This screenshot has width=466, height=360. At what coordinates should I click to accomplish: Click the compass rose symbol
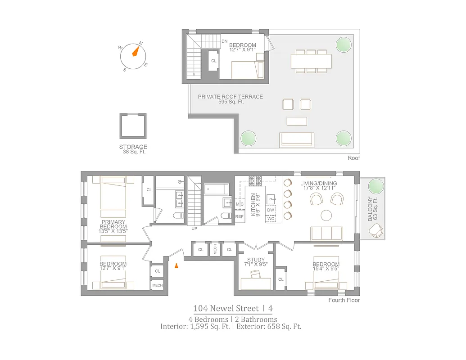[133, 57]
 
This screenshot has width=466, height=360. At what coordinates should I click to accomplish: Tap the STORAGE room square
[133, 126]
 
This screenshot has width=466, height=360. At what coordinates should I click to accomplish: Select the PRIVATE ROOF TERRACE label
[231, 97]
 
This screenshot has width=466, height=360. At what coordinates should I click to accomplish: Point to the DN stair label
[224, 41]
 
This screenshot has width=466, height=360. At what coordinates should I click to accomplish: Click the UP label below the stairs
[194, 229]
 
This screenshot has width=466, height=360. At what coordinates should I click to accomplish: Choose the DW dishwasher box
[271, 210]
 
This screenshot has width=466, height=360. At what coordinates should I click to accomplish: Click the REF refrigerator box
[240, 216]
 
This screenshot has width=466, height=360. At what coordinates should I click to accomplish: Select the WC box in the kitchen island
[271, 219]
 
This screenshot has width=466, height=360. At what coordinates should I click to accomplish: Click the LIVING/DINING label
[318, 183]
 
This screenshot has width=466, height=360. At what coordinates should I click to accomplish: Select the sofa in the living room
[326, 233]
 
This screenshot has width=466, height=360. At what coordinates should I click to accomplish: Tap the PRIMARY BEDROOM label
[113, 225]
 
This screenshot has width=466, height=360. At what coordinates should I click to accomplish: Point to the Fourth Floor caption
[344, 300]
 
